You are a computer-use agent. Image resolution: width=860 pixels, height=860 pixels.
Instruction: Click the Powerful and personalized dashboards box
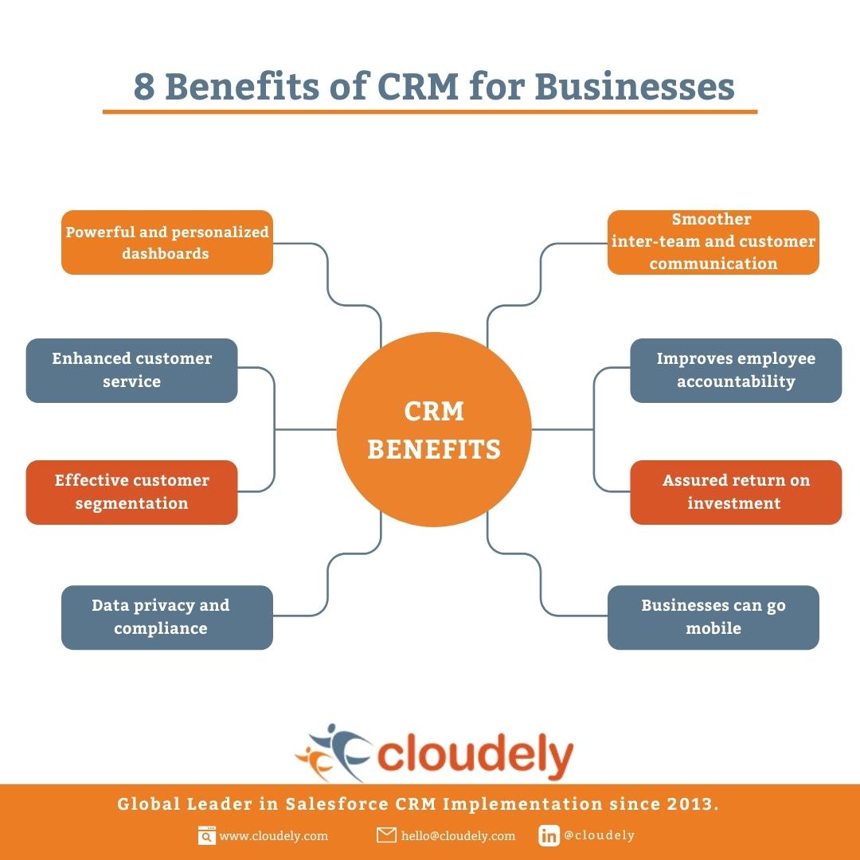click(x=166, y=242)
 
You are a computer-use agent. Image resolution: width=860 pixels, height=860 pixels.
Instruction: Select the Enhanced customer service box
click(x=131, y=370)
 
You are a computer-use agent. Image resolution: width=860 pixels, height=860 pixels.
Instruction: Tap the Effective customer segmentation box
click(x=131, y=492)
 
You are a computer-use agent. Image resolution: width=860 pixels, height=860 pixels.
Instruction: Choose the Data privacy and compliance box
click(x=166, y=617)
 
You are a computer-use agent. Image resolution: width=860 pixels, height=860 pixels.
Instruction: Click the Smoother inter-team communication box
click(x=713, y=242)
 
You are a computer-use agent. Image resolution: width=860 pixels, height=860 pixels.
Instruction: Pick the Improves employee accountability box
click(x=736, y=370)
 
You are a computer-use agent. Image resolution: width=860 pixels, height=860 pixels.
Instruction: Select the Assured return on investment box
click(x=736, y=492)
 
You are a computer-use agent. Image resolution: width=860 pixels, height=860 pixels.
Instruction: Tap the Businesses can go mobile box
click(x=713, y=617)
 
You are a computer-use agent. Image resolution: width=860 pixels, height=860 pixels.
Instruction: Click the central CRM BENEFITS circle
click(x=434, y=429)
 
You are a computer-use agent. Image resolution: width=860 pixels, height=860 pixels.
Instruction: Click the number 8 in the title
click(x=144, y=87)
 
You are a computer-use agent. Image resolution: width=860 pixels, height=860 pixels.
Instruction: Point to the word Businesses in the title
click(x=635, y=87)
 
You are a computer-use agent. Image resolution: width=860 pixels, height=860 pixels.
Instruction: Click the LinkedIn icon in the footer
click(x=549, y=835)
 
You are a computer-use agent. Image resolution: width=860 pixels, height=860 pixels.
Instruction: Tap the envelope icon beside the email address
click(x=386, y=835)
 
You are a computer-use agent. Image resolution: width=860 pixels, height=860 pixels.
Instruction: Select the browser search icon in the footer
click(x=207, y=835)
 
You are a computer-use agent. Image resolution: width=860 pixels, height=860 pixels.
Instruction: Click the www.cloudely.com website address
click(x=274, y=836)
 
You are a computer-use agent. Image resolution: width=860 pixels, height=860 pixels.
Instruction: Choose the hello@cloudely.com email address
click(x=458, y=836)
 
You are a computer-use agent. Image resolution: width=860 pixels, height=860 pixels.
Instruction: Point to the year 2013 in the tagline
click(x=692, y=804)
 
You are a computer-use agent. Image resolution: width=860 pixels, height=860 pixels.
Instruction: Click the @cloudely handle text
click(x=599, y=835)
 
